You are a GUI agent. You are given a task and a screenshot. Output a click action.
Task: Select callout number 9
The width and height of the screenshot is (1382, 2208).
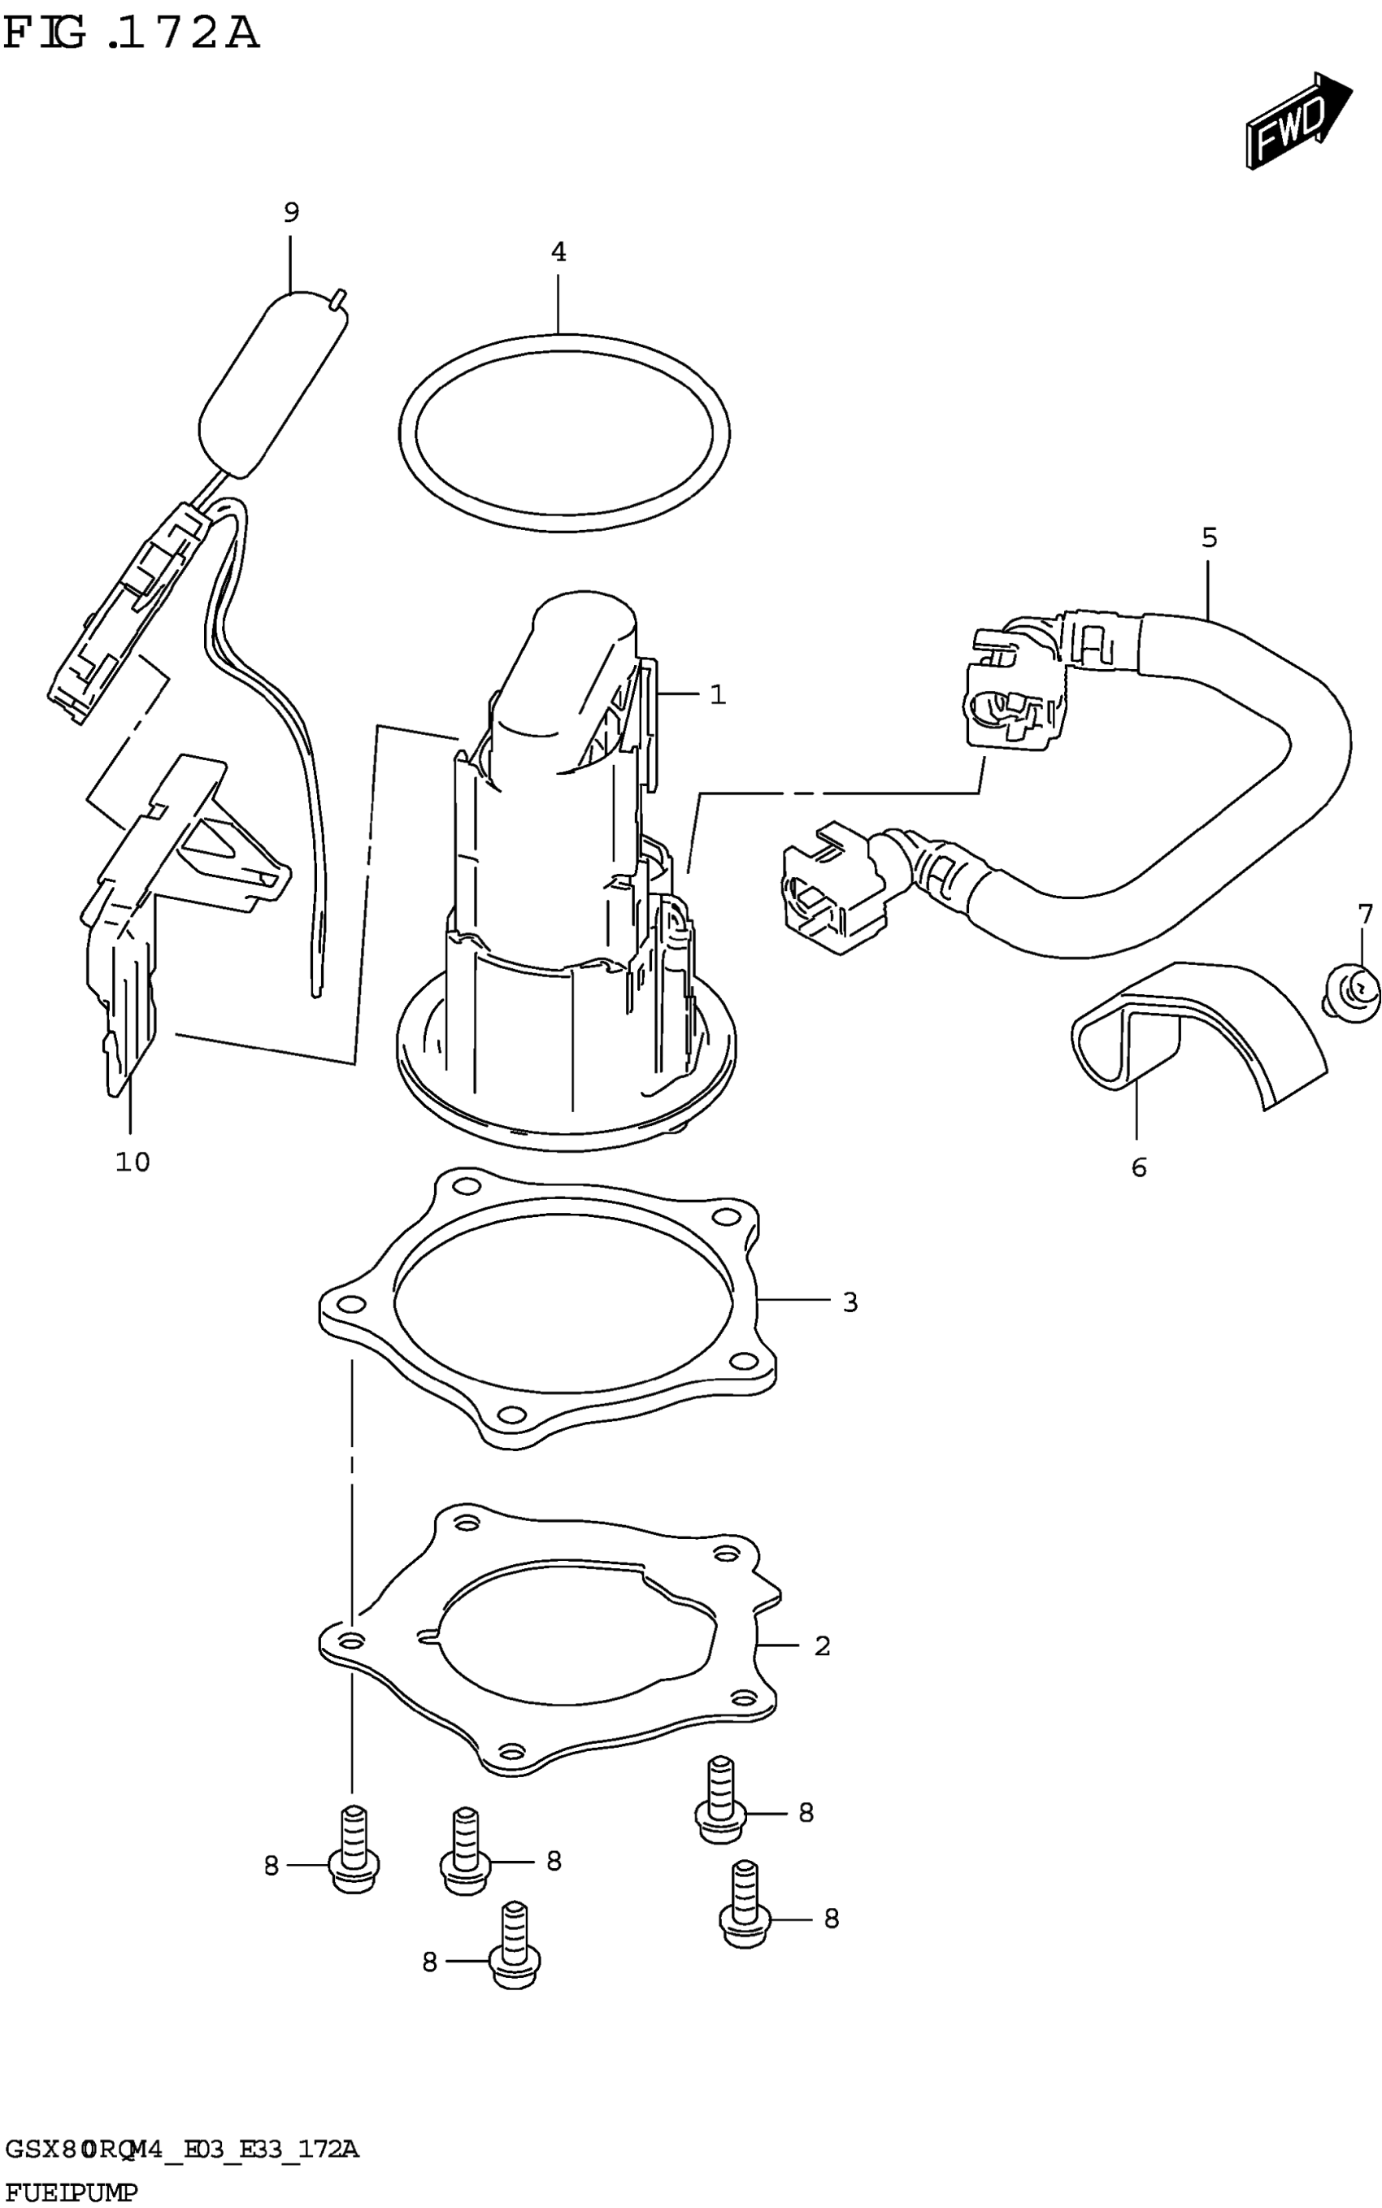click(x=291, y=213)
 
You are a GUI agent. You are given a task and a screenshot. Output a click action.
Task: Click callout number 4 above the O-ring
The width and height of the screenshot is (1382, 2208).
click(x=558, y=252)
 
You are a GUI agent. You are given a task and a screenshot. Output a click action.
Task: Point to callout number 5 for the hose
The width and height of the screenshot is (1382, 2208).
click(x=1210, y=538)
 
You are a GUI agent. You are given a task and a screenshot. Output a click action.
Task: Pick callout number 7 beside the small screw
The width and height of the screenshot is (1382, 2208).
click(x=1365, y=914)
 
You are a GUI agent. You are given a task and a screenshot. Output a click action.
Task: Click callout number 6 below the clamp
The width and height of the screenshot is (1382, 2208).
click(x=1139, y=1167)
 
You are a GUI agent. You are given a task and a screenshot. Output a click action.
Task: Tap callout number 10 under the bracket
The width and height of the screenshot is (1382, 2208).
click(x=133, y=1162)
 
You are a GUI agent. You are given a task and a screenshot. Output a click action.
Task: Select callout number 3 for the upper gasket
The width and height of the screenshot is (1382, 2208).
click(x=850, y=1302)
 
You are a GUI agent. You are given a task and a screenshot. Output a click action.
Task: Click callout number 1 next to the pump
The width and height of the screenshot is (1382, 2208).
click(x=719, y=695)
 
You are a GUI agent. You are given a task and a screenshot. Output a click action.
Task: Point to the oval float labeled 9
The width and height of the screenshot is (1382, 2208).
click(x=272, y=384)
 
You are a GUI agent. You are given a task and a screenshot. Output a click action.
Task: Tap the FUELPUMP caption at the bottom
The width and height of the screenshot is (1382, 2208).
click(x=72, y=2193)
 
